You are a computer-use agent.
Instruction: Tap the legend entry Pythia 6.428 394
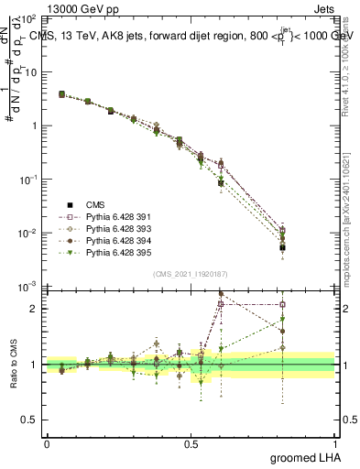click(98, 239)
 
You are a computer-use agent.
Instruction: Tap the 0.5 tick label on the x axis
click(191, 443)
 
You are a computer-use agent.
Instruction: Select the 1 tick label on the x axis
click(334, 443)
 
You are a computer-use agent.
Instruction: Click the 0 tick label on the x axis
click(47, 443)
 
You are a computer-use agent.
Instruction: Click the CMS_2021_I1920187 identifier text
click(191, 274)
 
